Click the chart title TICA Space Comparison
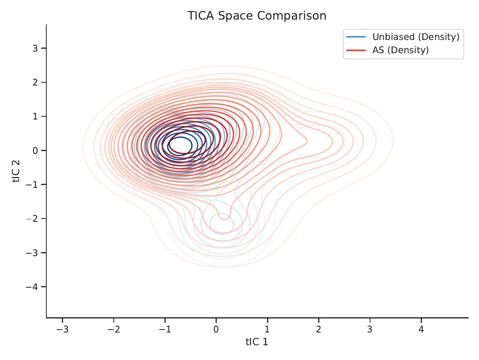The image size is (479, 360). pos(257,16)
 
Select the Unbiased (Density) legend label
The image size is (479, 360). pos(416,37)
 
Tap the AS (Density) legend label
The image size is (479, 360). pos(400,50)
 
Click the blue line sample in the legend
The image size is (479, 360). pos(356,37)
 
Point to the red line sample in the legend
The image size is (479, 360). pos(356,50)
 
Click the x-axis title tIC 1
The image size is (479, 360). pos(257,342)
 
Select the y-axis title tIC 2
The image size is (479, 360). pos(16,171)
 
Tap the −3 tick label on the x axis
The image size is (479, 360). pos(62,329)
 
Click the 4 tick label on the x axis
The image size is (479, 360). pos(421,329)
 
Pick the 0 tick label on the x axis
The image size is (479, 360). pos(216,329)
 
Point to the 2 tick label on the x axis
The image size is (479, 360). pos(319,329)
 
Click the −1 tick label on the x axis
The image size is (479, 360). pos(165,329)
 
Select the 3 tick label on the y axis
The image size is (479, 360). pos(36,48)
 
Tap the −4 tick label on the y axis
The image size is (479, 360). pos(32,287)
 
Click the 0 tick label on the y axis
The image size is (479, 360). pos(36,151)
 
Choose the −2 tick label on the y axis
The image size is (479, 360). pos(32,219)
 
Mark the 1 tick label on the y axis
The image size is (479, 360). pos(36,116)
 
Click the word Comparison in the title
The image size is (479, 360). pos(291,16)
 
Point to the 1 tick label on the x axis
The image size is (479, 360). pos(267,329)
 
